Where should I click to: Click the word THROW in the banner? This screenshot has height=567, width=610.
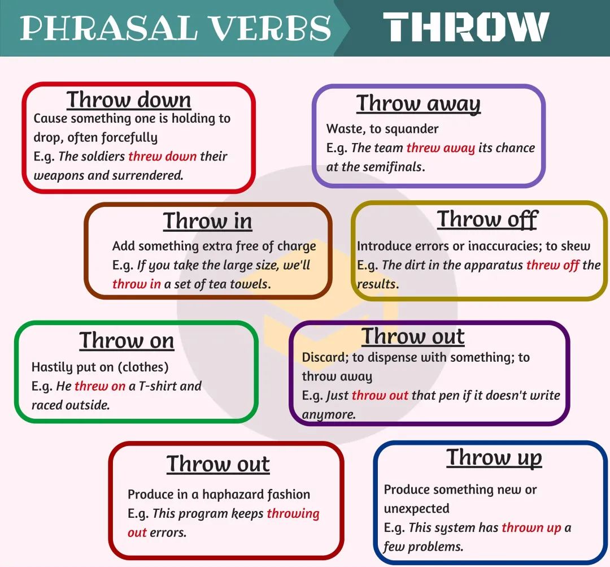(x=465, y=27)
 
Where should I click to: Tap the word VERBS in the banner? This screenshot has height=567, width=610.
(x=271, y=28)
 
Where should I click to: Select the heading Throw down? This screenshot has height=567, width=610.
(x=129, y=99)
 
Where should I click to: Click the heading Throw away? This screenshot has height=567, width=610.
(x=419, y=104)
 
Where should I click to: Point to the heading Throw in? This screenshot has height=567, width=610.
(x=207, y=221)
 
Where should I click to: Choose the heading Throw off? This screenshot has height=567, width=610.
(x=487, y=219)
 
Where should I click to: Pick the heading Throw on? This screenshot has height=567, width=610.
(x=127, y=340)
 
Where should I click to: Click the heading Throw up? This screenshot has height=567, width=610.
(x=494, y=458)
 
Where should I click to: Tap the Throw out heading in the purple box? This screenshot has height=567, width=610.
(x=413, y=336)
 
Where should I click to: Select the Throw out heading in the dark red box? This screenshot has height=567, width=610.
(x=218, y=464)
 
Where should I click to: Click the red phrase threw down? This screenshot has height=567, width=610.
(x=163, y=156)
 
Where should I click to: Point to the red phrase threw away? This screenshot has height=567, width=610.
(x=441, y=148)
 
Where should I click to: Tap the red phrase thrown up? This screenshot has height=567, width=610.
(x=531, y=528)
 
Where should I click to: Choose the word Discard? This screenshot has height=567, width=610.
(x=325, y=357)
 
